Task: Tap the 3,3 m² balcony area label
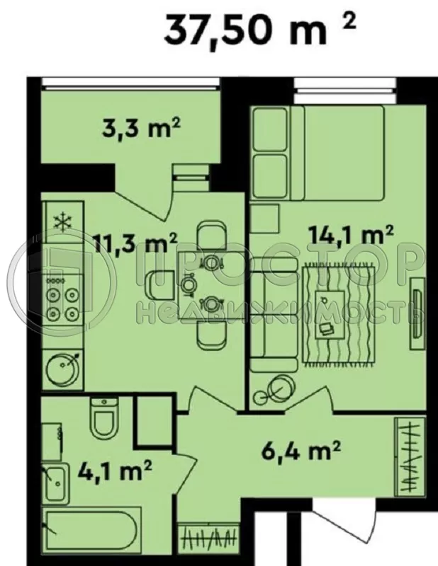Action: [140, 129]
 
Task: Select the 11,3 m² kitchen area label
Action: [135, 244]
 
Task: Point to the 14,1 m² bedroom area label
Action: [350, 233]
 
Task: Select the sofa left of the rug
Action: [272, 315]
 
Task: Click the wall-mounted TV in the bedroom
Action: [417, 304]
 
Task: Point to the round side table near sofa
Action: [279, 388]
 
